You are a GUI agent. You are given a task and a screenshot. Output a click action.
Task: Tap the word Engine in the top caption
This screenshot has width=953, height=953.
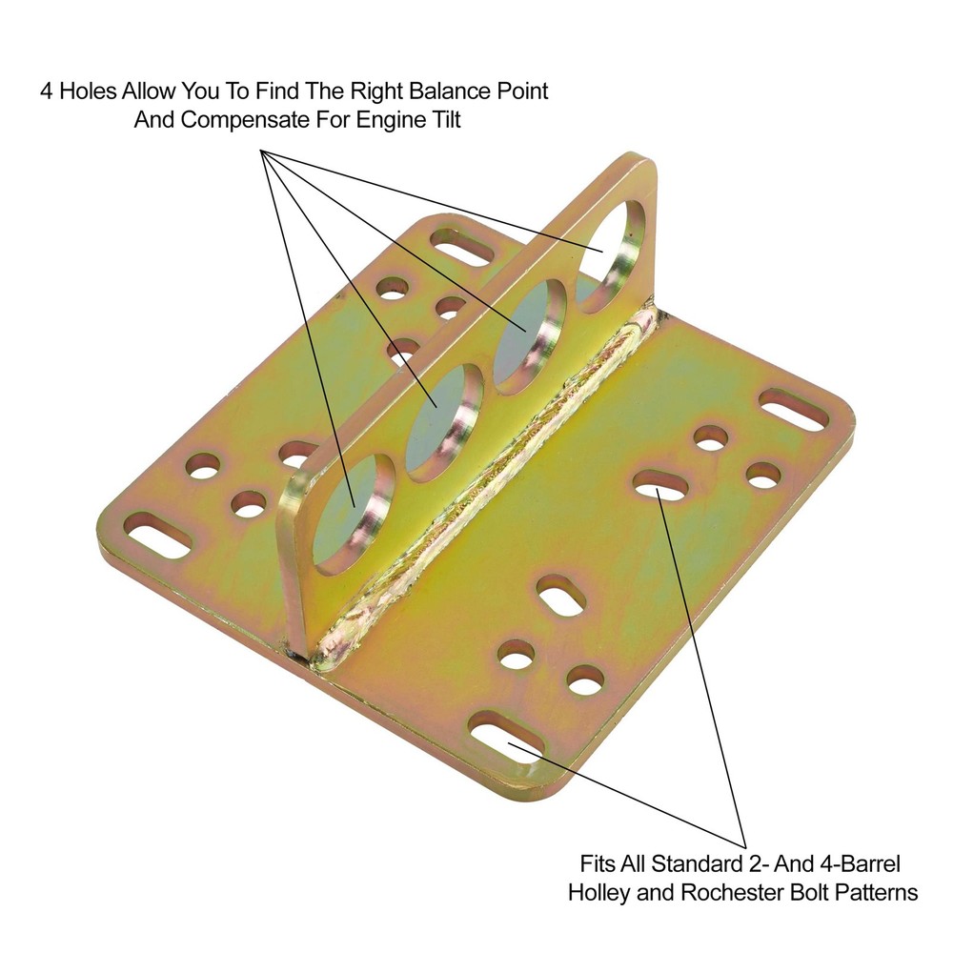(394, 121)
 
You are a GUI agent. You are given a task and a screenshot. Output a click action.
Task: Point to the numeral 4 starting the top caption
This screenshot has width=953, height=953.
(46, 92)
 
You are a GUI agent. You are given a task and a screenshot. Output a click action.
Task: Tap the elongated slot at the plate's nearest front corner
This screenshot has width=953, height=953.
(507, 741)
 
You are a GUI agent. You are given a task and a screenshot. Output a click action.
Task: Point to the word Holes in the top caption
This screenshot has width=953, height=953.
(88, 92)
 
